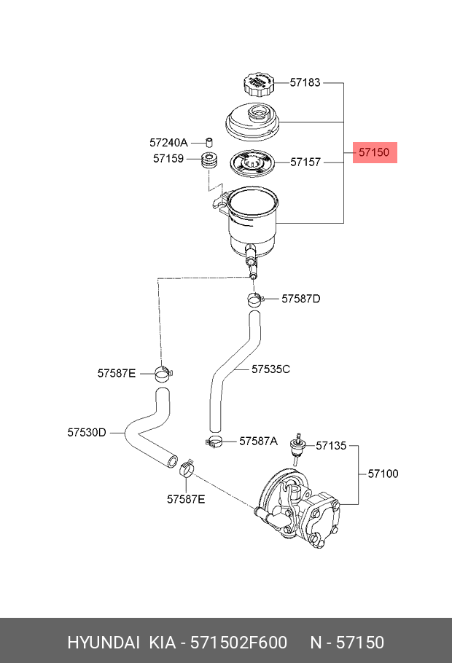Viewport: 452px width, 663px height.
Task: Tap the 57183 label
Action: click(x=305, y=83)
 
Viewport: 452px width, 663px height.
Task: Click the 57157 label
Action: click(x=305, y=162)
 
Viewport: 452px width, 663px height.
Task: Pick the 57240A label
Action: click(x=168, y=142)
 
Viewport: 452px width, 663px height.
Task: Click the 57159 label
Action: click(x=168, y=157)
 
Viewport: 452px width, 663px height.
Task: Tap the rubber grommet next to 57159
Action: click(x=210, y=161)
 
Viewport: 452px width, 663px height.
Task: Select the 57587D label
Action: click(x=301, y=299)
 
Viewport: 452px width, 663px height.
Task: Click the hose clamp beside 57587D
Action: click(x=253, y=299)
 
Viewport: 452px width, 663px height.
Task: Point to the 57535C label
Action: click(x=271, y=369)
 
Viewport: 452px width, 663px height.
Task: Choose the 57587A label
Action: click(x=259, y=441)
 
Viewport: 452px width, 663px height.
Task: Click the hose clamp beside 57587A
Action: click(x=214, y=440)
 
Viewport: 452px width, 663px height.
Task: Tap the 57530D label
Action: click(x=87, y=432)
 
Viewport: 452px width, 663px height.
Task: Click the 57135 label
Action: click(x=331, y=445)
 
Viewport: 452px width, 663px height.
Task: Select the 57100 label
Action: click(x=383, y=474)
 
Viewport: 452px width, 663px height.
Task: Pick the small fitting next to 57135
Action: click(x=297, y=446)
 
